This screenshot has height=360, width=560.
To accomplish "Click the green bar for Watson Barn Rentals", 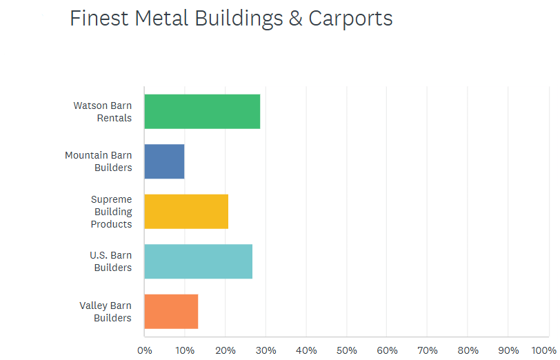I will pyautogui.click(x=202, y=111).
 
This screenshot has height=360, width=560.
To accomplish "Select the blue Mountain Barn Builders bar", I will pyautogui.click(x=164, y=161).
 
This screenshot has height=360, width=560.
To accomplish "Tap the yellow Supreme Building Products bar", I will pyautogui.click(x=186, y=212).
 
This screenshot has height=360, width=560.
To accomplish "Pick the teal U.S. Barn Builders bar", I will pyautogui.click(x=198, y=261).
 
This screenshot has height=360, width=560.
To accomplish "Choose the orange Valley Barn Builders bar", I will pyautogui.click(x=171, y=312).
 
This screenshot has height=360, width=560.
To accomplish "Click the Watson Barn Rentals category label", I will pyautogui.click(x=103, y=112).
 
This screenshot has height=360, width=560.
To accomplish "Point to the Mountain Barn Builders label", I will pyautogui.click(x=99, y=161).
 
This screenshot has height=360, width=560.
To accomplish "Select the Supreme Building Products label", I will pyautogui.click(x=112, y=212).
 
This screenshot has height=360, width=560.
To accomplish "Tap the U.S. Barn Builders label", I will pyautogui.click(x=111, y=261).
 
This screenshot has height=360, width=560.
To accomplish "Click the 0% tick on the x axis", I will pyautogui.click(x=145, y=350).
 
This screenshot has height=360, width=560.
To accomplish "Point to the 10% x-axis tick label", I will pyautogui.click(x=185, y=350).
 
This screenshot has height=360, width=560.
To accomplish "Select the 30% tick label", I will pyautogui.click(x=266, y=350).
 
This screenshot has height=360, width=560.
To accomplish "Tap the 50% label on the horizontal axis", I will pyautogui.click(x=347, y=350).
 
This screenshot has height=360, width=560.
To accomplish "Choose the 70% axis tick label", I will pyautogui.click(x=428, y=350).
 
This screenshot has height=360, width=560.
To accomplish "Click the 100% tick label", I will pyautogui.click(x=544, y=350).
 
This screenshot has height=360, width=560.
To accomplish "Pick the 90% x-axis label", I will pyautogui.click(x=508, y=350).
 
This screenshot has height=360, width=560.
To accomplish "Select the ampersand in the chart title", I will pyautogui.click(x=295, y=19).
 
